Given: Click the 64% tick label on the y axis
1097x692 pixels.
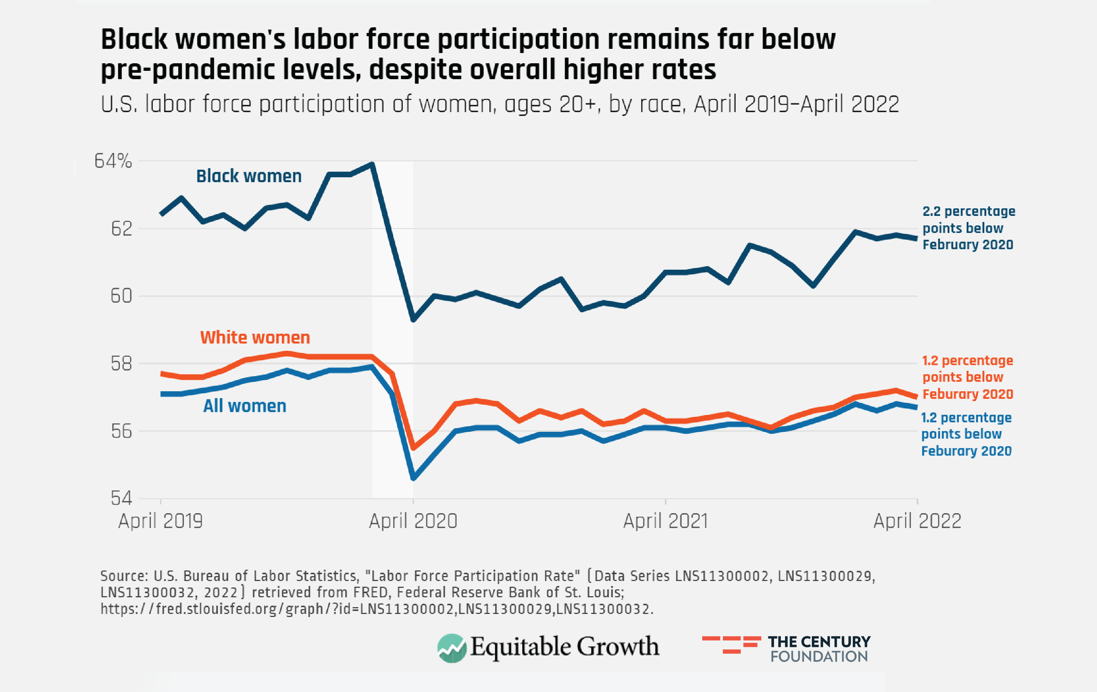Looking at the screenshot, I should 113,161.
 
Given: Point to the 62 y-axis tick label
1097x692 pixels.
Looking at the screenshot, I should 122,229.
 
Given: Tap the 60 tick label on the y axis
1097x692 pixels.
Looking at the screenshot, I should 122,296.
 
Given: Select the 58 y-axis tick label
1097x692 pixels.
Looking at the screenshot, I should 122,364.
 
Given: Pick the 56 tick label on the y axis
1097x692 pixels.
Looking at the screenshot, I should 122,431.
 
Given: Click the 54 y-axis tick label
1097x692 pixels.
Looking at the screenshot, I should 122,498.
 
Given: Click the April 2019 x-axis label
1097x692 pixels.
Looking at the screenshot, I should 160,521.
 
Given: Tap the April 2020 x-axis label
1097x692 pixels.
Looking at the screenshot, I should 413,521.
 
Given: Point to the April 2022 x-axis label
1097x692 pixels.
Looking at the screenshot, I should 917,521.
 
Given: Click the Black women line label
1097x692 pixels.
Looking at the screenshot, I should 249,176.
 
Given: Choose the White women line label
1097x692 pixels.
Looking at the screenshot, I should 255,337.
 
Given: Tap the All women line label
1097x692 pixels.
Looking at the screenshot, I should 245,406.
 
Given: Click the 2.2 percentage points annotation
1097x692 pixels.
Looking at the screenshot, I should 968,228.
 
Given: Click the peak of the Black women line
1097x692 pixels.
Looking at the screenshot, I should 372,164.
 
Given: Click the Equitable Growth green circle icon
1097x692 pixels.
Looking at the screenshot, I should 451,648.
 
